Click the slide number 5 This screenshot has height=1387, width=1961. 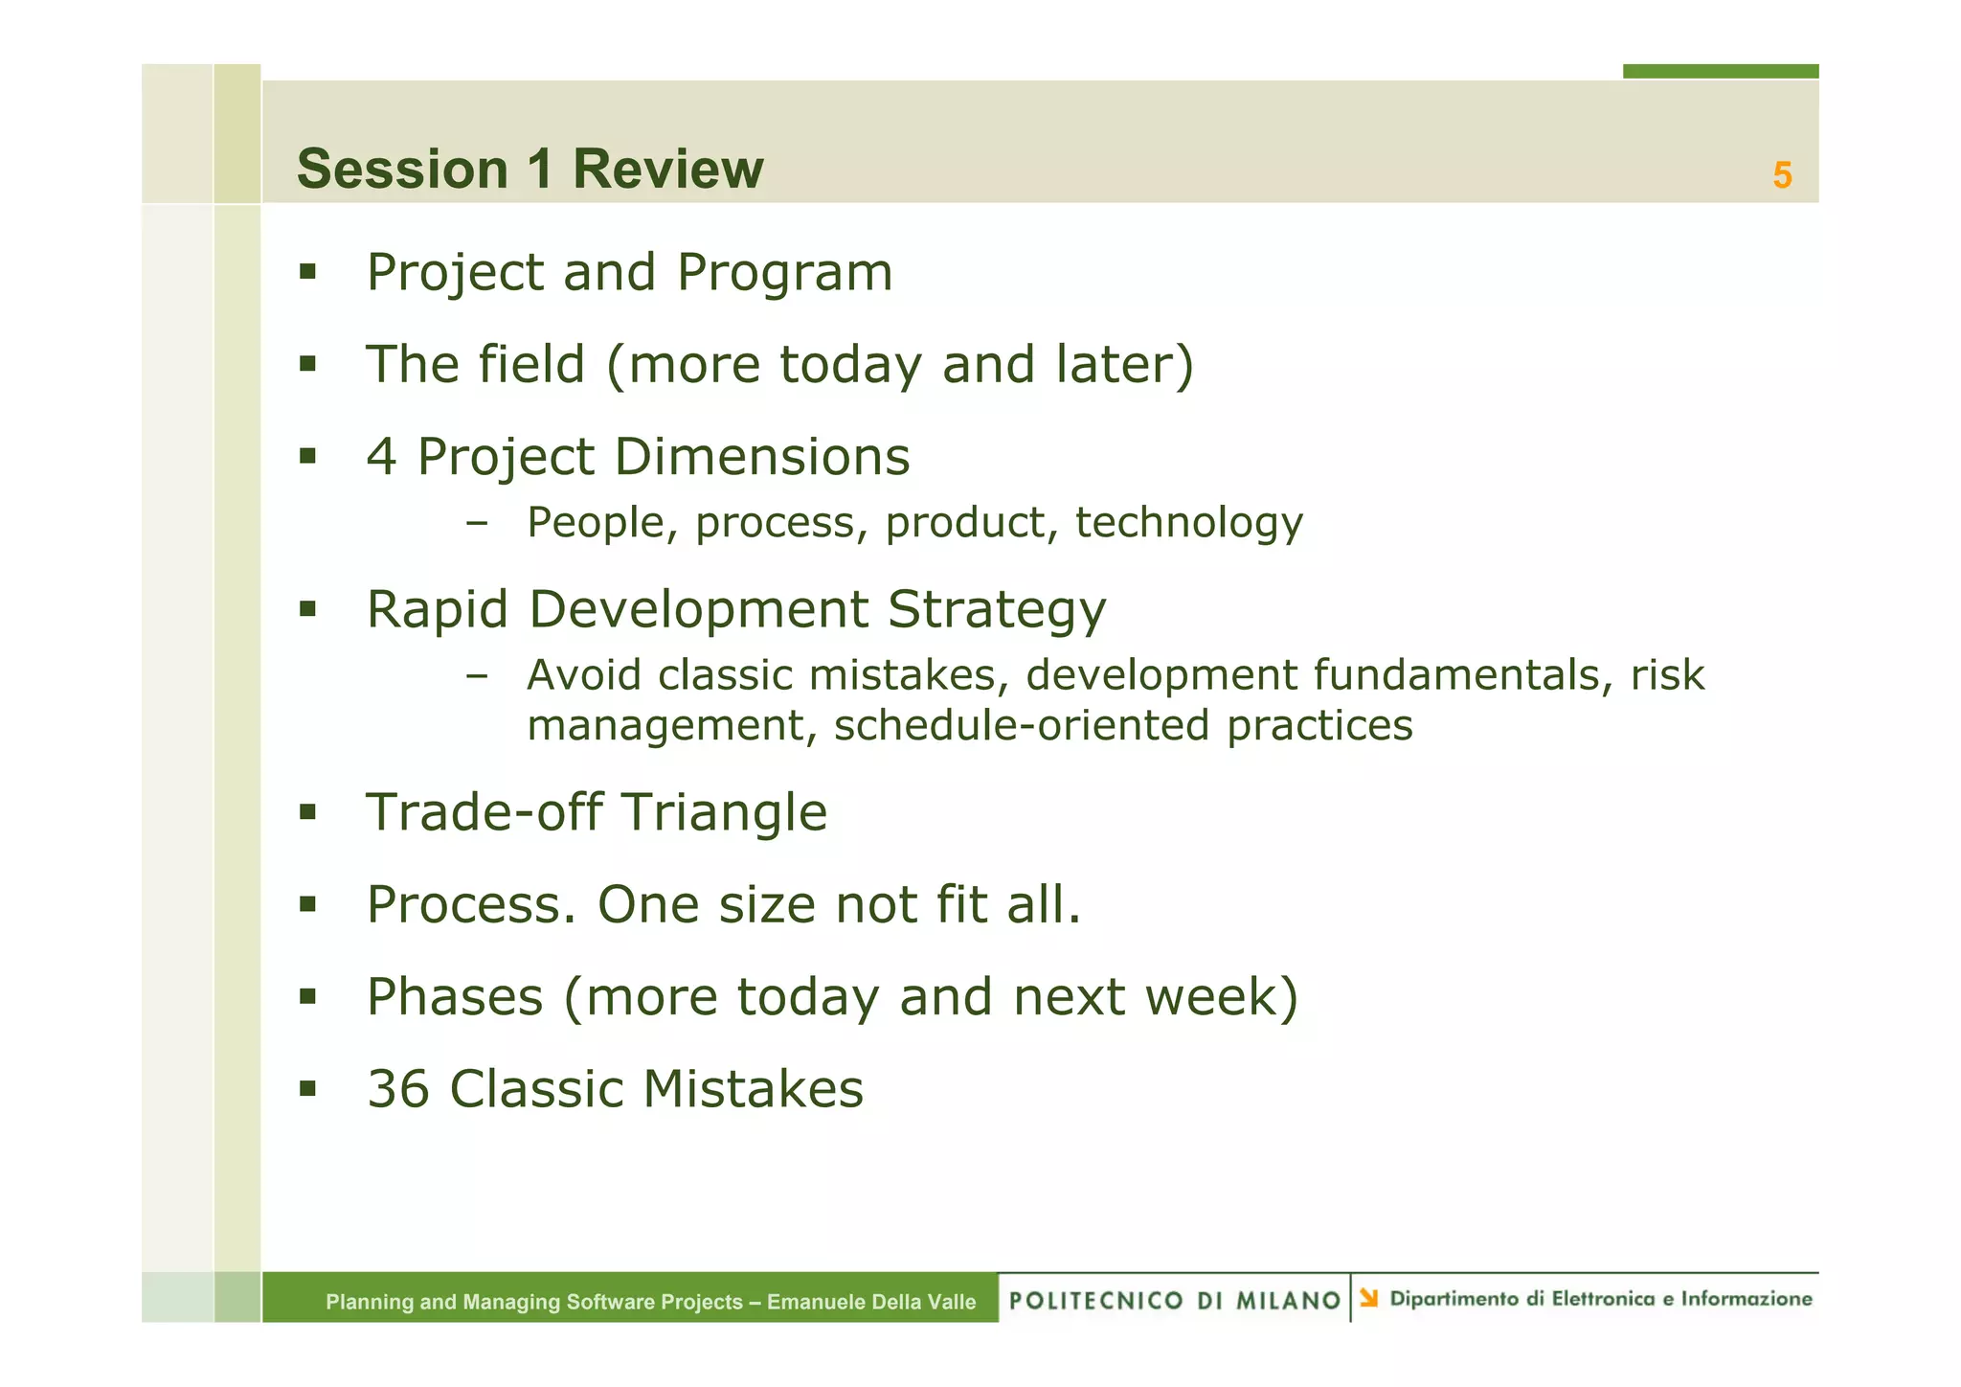1781,175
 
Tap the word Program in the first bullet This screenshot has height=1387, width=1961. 784,273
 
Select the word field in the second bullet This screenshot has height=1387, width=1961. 530,364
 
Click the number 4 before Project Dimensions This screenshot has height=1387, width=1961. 381,457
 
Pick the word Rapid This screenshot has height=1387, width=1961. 437,610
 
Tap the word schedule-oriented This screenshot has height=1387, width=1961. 1022,726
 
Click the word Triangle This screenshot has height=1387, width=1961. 724,812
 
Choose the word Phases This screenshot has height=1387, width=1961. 455,997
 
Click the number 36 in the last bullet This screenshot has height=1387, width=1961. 398,1089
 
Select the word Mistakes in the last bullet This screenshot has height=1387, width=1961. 753,1089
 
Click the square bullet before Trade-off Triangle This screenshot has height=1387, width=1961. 307,812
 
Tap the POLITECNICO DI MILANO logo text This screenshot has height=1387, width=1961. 1174,1300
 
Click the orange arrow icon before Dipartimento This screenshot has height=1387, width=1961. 1369,1298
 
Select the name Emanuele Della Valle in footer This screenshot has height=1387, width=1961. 870,1302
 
